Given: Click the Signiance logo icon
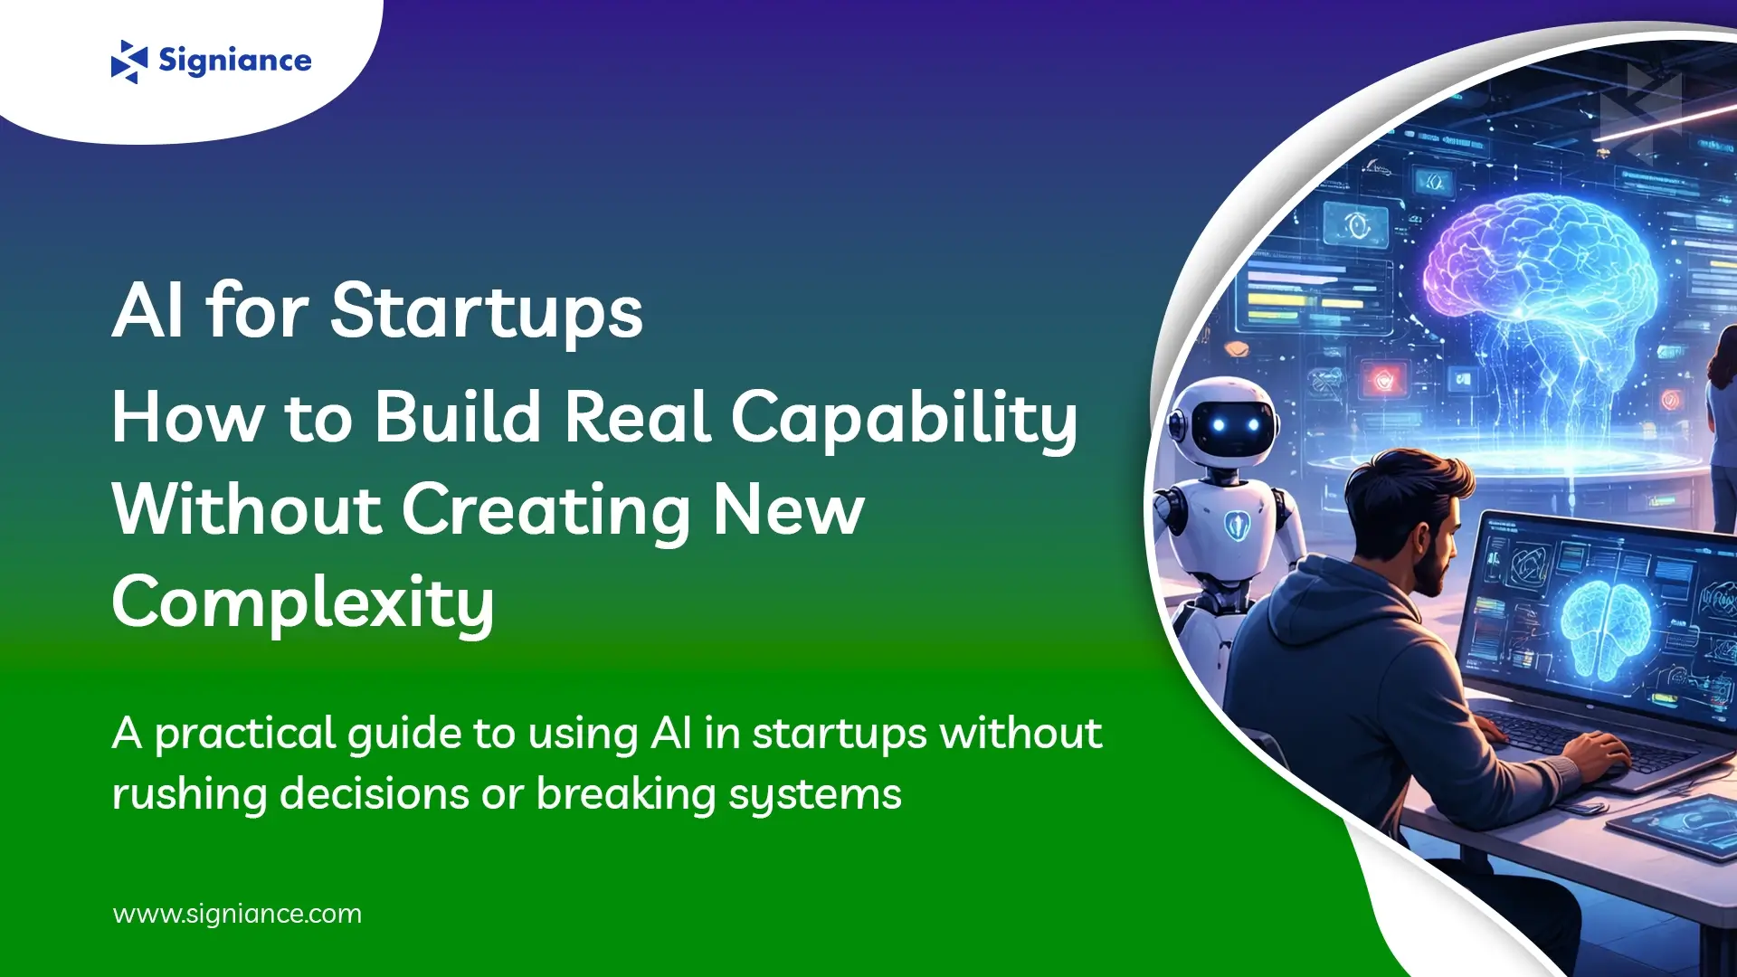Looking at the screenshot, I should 128,62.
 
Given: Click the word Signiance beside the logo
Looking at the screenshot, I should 234,61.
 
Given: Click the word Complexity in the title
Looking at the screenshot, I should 303,602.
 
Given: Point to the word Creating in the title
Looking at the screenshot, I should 546,510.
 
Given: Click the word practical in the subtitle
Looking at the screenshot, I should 245,733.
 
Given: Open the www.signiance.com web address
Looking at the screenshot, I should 237,914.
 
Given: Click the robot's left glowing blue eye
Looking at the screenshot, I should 1218,425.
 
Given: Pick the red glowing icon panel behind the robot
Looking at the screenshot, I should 1383,380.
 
